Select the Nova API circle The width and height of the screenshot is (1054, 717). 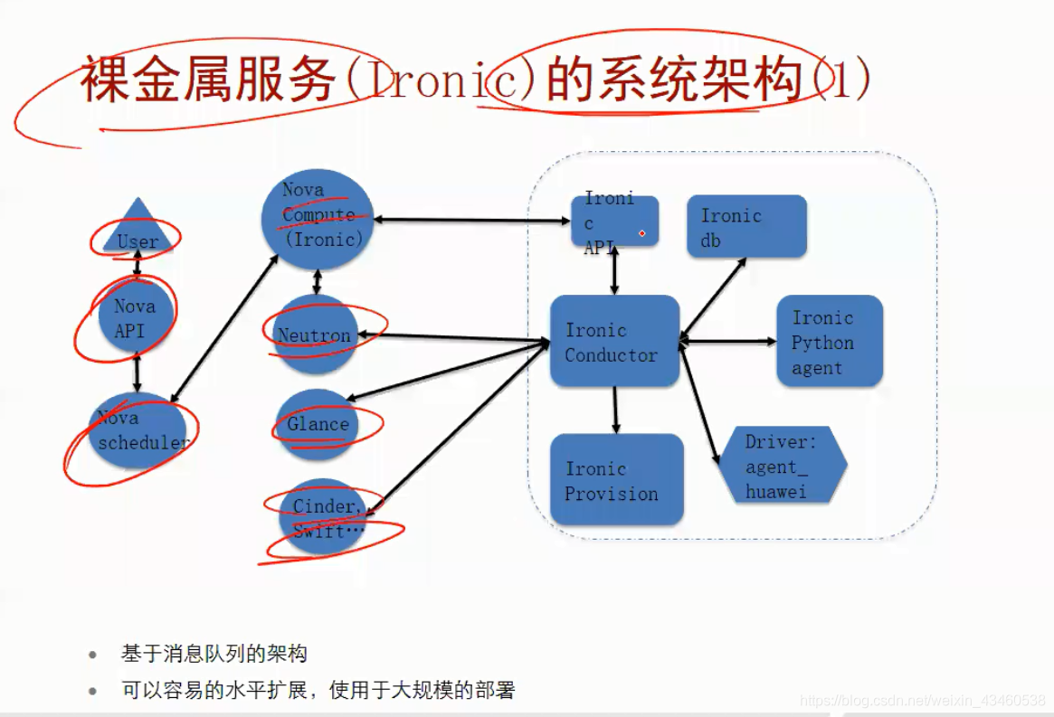coord(136,318)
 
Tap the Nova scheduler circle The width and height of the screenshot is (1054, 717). coord(142,431)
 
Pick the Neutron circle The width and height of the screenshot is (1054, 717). coord(316,335)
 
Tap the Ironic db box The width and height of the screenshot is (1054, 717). coord(746,227)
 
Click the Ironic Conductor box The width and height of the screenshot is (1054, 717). coord(614,342)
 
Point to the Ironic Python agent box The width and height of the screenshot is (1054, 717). coord(829,342)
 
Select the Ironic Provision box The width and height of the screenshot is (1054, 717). coord(616,480)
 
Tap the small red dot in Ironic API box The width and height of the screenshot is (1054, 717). coord(642,233)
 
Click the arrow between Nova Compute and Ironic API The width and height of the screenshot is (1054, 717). coord(470,218)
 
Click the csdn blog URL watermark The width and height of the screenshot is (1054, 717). coord(923,701)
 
